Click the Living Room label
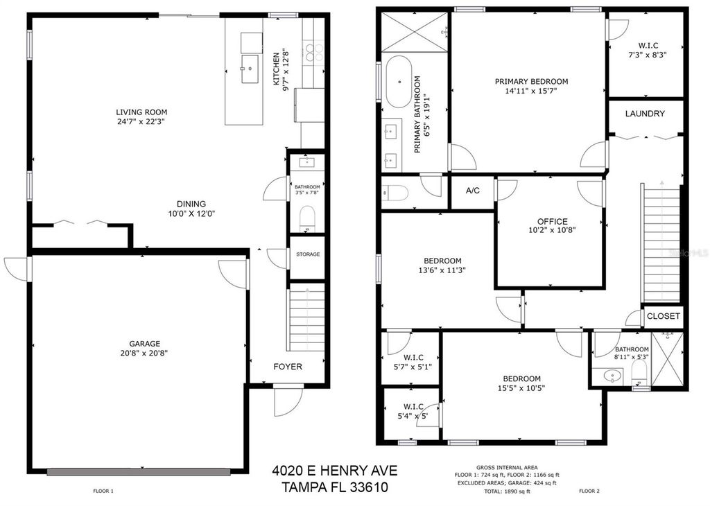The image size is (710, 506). coord(141,112)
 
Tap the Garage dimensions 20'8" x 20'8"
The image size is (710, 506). coord(144,353)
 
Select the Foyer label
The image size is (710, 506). coord(287,367)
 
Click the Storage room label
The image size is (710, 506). coord(307,254)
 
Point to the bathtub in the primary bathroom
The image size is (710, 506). coord(398,81)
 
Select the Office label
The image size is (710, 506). coord(552,221)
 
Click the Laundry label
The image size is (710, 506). coord(645,114)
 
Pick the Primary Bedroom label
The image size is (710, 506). coord(531,81)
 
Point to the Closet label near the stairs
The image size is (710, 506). coord(664,316)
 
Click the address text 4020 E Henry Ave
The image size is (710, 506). coord(334,472)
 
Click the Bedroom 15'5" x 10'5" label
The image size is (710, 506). coord(521,378)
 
